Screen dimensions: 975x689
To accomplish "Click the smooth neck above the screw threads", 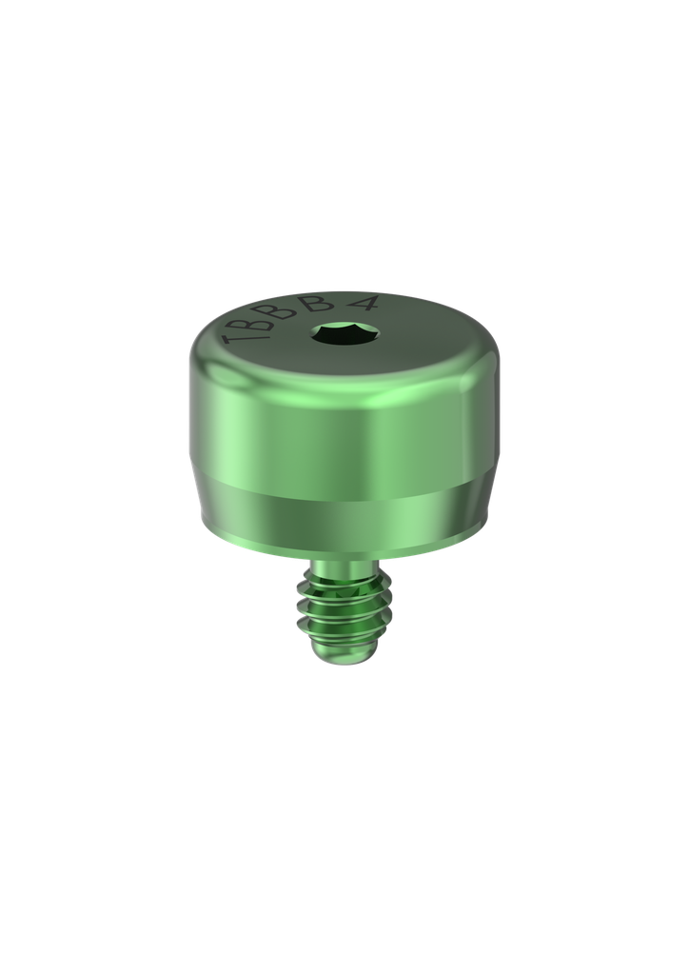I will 341,571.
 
